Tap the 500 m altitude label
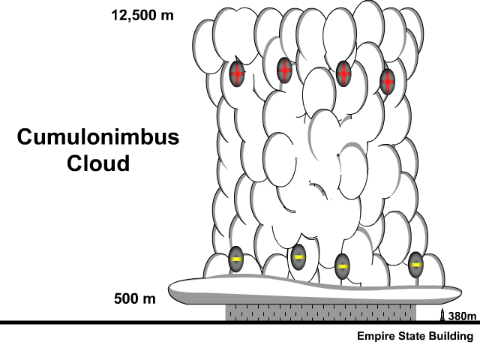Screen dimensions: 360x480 coord(135,299)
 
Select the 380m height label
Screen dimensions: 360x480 coord(462,315)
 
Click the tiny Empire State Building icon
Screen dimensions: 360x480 coord(442,315)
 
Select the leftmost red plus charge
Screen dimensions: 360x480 coord(237,74)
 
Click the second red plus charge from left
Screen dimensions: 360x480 coord(284,70)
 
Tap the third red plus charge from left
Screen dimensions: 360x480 coord(343,73)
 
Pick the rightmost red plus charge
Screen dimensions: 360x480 coord(387,80)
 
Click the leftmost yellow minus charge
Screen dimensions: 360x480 coord(235,259)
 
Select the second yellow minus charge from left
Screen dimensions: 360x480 coord(298,257)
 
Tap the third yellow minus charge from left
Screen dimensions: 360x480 coord(341,266)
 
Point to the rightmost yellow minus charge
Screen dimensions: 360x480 coord(415,264)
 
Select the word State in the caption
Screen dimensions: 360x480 coord(411,337)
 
